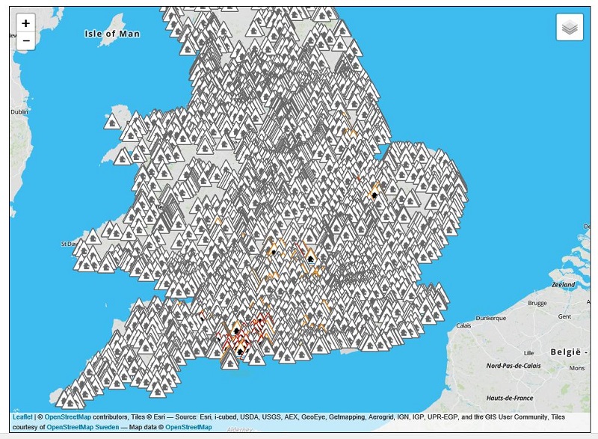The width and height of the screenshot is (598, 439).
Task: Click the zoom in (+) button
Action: (x=25, y=23)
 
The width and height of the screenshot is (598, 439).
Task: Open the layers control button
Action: (x=570, y=28)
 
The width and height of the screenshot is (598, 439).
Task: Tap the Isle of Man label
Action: (x=112, y=34)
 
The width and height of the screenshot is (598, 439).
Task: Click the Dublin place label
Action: (x=19, y=111)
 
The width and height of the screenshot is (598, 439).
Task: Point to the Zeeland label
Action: (x=563, y=285)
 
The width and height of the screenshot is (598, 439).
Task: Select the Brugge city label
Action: (x=538, y=303)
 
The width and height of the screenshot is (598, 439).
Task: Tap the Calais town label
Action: (x=464, y=325)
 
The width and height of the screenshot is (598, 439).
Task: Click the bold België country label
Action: (x=576, y=351)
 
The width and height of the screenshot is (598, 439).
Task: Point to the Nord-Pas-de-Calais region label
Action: (x=515, y=366)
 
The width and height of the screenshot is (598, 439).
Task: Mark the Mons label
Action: (x=577, y=369)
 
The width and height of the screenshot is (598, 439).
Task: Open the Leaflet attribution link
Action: (x=22, y=416)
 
